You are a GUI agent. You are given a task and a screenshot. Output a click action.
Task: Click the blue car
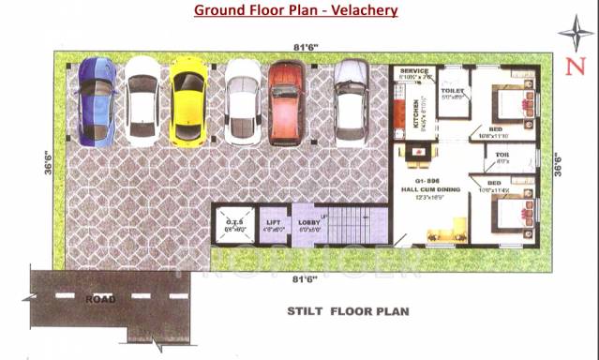[96, 100]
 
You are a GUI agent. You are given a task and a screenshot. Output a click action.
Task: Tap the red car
[286, 100]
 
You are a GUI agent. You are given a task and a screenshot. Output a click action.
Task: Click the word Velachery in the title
[356, 11]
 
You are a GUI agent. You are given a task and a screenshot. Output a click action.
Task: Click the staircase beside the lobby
[352, 225]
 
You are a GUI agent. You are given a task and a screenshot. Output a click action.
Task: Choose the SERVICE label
[414, 71]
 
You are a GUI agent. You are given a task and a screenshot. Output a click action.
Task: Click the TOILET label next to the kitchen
[452, 92]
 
